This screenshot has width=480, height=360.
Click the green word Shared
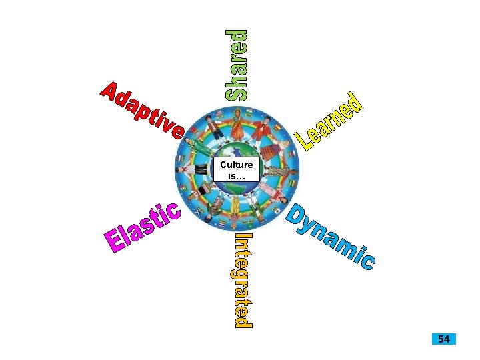(238, 65)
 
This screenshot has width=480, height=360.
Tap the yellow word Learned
(331, 121)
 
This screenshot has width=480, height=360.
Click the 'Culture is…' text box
(236, 169)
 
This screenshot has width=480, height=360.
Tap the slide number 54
(443, 339)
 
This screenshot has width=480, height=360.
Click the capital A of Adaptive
(110, 93)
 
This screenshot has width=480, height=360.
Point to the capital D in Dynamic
(297, 211)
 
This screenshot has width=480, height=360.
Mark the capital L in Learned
(307, 141)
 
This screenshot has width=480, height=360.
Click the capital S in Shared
(238, 91)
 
